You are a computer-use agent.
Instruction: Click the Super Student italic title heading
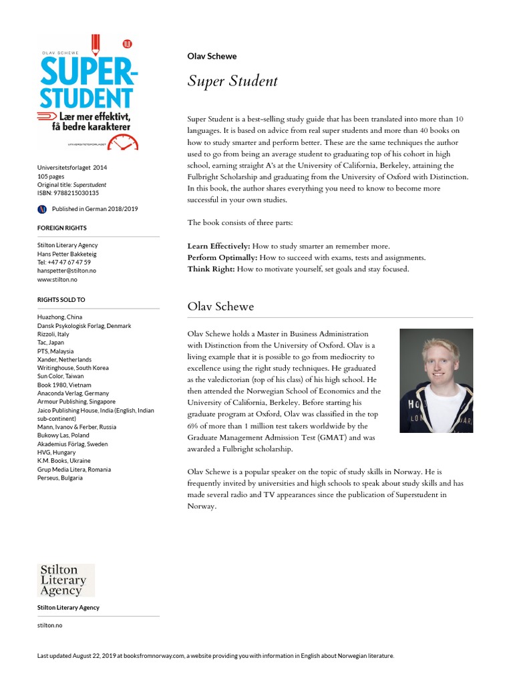click(x=232, y=81)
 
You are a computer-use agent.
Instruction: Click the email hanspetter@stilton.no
click(x=67, y=271)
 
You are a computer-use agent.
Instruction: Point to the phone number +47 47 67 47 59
click(x=64, y=262)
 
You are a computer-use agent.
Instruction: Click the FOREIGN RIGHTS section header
click(x=62, y=228)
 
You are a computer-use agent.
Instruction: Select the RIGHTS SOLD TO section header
click(x=61, y=300)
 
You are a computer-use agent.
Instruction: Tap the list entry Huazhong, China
click(x=60, y=317)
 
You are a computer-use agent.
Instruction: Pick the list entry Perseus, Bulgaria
click(x=60, y=478)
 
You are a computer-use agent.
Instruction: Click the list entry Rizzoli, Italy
click(x=53, y=334)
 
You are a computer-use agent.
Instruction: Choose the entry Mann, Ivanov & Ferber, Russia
click(x=77, y=427)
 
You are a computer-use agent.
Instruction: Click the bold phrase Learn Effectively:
click(x=218, y=246)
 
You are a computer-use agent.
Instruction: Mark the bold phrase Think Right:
click(x=210, y=269)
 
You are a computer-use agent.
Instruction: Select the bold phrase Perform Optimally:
click(x=222, y=258)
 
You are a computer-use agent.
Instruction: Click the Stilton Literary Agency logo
click(x=65, y=580)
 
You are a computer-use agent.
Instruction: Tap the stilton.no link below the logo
click(x=49, y=625)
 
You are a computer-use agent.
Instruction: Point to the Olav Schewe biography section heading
click(x=220, y=307)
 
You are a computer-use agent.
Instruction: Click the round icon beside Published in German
click(x=41, y=209)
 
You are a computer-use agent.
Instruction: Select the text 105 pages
click(x=51, y=176)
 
